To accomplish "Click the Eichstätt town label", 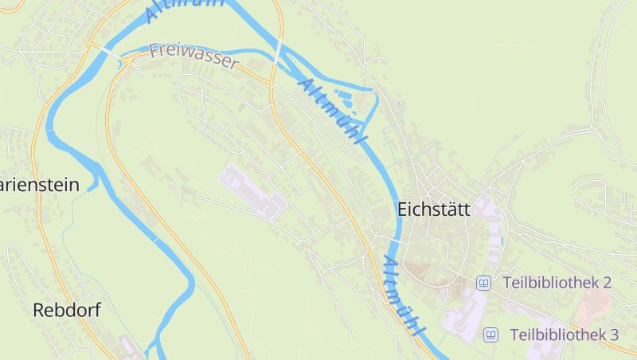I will [x=433, y=209].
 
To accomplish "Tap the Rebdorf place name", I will [x=67, y=311].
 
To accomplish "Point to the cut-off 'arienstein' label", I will [x=40, y=186].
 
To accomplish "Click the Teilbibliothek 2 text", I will [x=557, y=283].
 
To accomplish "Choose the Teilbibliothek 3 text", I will [x=564, y=335].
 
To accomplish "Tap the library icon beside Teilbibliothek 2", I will [x=483, y=283].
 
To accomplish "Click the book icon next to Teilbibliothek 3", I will [x=491, y=335].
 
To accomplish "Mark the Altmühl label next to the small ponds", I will [x=334, y=112].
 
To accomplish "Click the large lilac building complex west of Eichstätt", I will [x=253, y=192].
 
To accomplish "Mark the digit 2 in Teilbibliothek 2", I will [x=607, y=283].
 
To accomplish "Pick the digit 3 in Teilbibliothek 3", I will [x=614, y=335].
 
